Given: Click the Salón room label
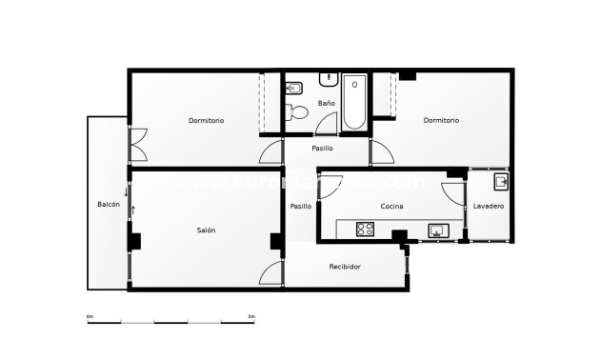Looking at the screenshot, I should (206, 230).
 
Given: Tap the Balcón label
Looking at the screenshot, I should (108, 205).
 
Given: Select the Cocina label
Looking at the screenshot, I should (391, 207).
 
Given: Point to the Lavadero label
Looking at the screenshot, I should (489, 207).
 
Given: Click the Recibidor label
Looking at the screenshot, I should (345, 267).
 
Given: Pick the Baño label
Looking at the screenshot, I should (327, 103).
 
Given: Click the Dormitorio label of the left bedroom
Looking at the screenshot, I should (206, 121).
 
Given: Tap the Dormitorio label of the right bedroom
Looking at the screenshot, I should (441, 121).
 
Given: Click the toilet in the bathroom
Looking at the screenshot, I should (299, 112).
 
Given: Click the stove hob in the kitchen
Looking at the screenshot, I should (366, 229).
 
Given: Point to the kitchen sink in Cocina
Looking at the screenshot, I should (439, 230).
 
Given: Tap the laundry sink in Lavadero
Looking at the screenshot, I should (500, 180).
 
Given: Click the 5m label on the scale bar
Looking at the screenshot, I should (250, 316).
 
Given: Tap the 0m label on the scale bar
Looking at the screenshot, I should (90, 316).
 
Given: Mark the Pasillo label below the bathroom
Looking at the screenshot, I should (322, 149).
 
